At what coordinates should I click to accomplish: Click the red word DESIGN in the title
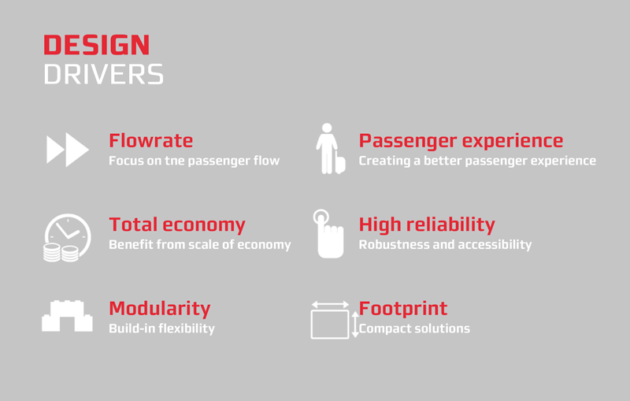(x=96, y=45)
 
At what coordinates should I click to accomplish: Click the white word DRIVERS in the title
(x=104, y=74)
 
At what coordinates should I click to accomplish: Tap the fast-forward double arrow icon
(x=68, y=150)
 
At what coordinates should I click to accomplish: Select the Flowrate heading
(x=151, y=141)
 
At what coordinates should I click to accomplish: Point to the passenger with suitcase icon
(x=329, y=148)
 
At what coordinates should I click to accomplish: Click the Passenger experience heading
(x=461, y=141)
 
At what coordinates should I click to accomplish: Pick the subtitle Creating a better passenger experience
(x=477, y=162)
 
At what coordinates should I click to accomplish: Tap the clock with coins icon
(x=67, y=237)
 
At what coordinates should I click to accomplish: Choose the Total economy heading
(x=177, y=225)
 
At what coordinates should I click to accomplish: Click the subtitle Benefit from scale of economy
(x=200, y=245)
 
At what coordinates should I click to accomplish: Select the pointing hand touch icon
(x=328, y=233)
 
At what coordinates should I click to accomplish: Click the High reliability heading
(x=427, y=225)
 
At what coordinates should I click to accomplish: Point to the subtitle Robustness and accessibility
(x=445, y=245)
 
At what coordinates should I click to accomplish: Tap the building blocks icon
(x=67, y=316)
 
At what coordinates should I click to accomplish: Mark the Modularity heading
(x=160, y=309)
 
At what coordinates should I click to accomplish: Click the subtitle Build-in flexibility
(x=162, y=329)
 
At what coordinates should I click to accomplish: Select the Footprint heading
(x=403, y=309)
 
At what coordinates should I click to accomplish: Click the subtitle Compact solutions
(x=414, y=329)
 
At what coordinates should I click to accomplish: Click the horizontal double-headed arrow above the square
(x=330, y=305)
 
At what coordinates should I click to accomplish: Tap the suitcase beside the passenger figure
(x=340, y=164)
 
